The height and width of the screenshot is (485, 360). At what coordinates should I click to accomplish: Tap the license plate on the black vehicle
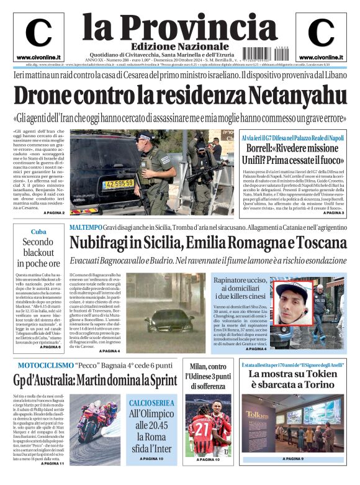click(118, 184)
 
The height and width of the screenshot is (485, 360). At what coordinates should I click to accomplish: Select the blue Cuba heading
click(38, 232)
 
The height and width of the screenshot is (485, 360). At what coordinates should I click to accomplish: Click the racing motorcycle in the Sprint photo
click(96, 422)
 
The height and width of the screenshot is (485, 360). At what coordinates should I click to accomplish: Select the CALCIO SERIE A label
click(151, 403)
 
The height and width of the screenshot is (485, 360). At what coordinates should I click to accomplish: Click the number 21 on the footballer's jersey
click(200, 428)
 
